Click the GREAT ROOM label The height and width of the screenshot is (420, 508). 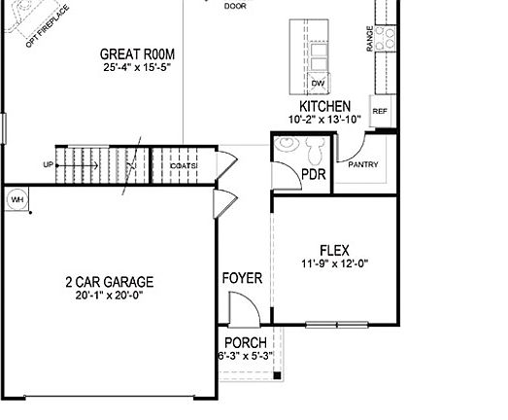point(137,54)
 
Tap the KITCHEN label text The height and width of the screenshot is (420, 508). point(324,106)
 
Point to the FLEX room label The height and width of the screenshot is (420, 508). point(334,249)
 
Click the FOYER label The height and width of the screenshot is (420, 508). point(242,278)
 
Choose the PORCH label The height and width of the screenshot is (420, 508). point(245,342)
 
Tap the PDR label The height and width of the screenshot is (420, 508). point(314,175)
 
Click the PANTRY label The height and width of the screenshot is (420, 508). point(363,164)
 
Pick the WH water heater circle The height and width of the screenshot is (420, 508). point(17,199)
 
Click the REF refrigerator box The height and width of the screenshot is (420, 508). point(380,112)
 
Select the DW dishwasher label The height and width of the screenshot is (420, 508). point(318,84)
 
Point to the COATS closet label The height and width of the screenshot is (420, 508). point(184,166)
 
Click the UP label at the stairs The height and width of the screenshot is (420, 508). point(48,164)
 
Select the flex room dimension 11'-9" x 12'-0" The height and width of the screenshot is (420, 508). point(335,263)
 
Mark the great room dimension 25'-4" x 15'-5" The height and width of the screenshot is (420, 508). point(137,68)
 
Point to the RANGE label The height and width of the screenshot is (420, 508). point(370,39)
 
